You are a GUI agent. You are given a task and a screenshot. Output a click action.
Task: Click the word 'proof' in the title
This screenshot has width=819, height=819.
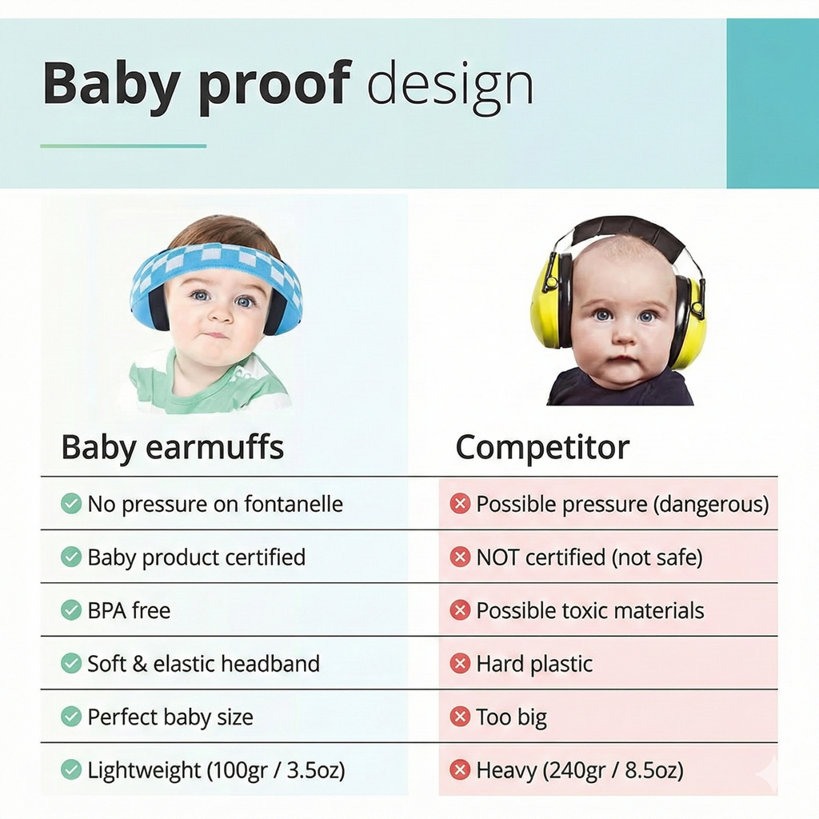(274, 85)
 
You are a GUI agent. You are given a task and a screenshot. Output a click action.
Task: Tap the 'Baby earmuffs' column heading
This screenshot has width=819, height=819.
(172, 448)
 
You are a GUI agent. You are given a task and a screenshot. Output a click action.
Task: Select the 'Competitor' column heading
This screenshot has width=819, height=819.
(542, 448)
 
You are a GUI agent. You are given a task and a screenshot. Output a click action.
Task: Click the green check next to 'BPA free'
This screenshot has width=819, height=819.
(71, 610)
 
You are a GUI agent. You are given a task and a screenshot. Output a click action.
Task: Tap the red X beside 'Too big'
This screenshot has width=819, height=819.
(460, 717)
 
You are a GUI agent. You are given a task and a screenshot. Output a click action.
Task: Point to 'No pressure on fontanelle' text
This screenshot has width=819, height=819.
(214, 504)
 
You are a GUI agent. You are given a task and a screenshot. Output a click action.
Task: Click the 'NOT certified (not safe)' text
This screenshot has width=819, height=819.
(589, 557)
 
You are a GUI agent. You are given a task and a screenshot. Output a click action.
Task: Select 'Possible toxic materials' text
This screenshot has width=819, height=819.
(589, 610)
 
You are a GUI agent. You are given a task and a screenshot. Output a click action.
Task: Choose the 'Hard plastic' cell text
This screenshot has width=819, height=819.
(534, 664)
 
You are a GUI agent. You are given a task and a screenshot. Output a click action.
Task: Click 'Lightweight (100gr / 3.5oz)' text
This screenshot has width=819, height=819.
(216, 770)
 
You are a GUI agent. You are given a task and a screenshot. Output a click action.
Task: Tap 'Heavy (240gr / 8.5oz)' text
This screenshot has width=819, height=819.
(580, 770)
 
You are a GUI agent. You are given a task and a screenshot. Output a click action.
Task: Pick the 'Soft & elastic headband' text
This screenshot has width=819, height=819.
(203, 664)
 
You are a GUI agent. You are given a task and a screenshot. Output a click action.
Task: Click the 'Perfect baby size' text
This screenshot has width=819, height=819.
(170, 717)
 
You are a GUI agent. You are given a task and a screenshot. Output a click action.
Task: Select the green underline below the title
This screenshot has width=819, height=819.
(123, 146)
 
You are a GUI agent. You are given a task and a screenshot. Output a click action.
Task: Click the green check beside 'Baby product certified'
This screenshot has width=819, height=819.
(71, 557)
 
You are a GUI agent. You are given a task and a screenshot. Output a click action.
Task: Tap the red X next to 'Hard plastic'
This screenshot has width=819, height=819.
(460, 664)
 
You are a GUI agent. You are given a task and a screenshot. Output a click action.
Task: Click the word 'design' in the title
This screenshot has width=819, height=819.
(449, 85)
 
